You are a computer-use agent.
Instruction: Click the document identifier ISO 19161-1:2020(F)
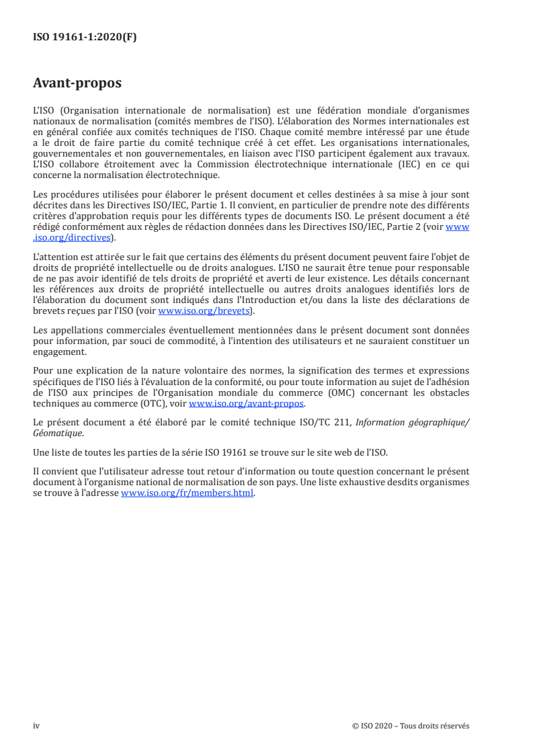(x=85, y=38)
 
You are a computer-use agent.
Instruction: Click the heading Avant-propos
(x=77, y=84)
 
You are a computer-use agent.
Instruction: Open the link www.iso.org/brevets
(x=203, y=311)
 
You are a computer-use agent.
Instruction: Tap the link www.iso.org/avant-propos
(x=247, y=404)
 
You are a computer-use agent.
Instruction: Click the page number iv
(x=37, y=725)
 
